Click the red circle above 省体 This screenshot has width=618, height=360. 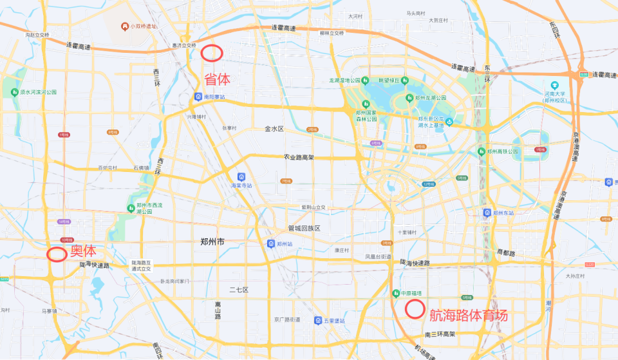pos(212,53)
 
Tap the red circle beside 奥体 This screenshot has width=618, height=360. pos(57,254)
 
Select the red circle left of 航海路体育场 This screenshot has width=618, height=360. pos(414,309)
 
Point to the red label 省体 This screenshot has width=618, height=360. pos(217,79)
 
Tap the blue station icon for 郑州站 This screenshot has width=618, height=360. pos(271,244)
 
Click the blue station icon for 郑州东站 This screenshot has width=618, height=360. pos(487,212)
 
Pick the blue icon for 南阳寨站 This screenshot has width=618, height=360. pos(199,97)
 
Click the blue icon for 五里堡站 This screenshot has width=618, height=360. pos(318,321)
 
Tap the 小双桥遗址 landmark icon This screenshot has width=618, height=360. pos(125,26)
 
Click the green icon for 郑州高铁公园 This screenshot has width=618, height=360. pos(481,151)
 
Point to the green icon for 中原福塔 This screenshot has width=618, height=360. pos(396,293)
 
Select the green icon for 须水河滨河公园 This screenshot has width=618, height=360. pos(15,92)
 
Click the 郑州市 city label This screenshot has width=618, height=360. pos(212,242)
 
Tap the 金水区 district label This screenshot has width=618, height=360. pos(274,129)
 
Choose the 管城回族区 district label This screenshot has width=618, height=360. pos(304,229)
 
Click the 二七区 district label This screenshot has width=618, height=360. pos(239,290)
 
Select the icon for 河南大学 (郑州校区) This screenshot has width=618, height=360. pos(554,85)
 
